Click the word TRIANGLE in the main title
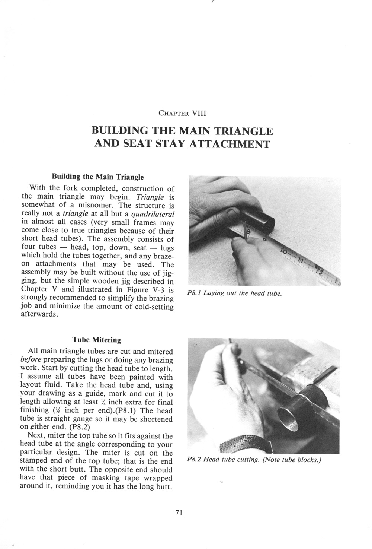tap(243, 131)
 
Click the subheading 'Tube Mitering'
tap(97, 340)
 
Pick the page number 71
tap(179, 513)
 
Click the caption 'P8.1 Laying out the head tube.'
tap(235, 293)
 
